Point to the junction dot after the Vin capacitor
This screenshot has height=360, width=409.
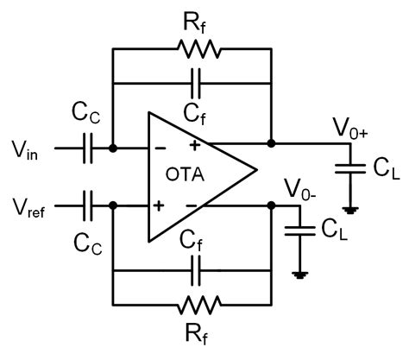point(113,148)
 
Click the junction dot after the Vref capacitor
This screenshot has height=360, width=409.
point(113,205)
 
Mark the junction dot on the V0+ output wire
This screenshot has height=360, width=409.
point(272,142)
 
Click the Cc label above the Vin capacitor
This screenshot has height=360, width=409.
point(86,116)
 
